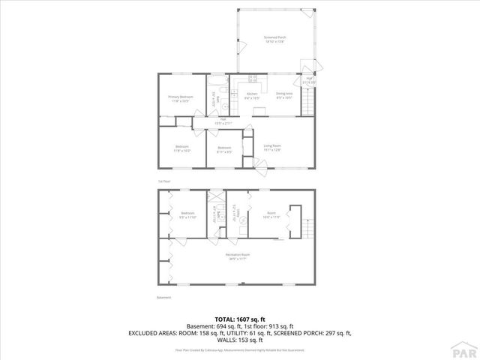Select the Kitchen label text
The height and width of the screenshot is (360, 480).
tap(253, 95)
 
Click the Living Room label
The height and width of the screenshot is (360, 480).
tap(271, 147)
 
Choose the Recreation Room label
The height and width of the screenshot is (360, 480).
tap(238, 256)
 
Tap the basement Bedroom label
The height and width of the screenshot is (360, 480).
tap(187, 215)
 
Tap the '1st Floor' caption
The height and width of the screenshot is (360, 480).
tap(163, 181)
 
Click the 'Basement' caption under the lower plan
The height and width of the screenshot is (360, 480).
tap(164, 298)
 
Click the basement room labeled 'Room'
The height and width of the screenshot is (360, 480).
tap(271, 215)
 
